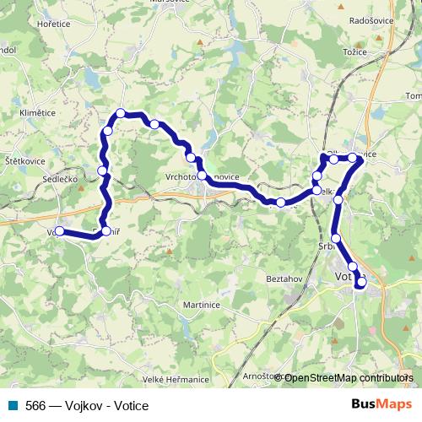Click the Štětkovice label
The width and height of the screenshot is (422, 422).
24,160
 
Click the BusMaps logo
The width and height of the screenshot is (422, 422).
382,404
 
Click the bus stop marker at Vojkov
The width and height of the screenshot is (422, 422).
59,230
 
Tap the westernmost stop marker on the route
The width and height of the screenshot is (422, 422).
59,230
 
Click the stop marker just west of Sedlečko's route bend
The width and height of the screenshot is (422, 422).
102,171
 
